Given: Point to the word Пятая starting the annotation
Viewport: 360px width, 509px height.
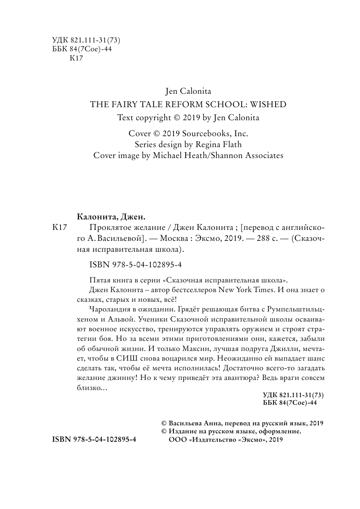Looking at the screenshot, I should [99, 280].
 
